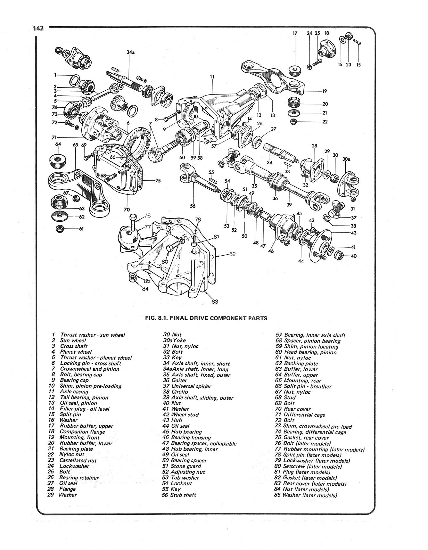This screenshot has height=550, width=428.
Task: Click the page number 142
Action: (x=38, y=28)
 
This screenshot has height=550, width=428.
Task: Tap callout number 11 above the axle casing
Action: (x=212, y=77)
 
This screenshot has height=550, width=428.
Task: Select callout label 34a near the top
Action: (x=130, y=52)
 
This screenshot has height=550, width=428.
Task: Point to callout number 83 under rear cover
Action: (x=215, y=301)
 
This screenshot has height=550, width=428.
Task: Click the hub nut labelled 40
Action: (x=339, y=255)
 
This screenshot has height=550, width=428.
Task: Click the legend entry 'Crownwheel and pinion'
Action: (x=89, y=369)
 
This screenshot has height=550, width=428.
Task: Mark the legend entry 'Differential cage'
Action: (x=304, y=415)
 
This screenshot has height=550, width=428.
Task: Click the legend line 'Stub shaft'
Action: (x=183, y=495)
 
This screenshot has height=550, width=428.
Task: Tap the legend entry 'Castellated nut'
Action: (x=78, y=460)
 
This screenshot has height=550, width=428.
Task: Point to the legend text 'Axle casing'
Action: (x=74, y=391)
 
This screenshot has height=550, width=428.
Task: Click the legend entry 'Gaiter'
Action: (x=179, y=380)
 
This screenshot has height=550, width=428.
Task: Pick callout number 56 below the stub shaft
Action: (x=193, y=206)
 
